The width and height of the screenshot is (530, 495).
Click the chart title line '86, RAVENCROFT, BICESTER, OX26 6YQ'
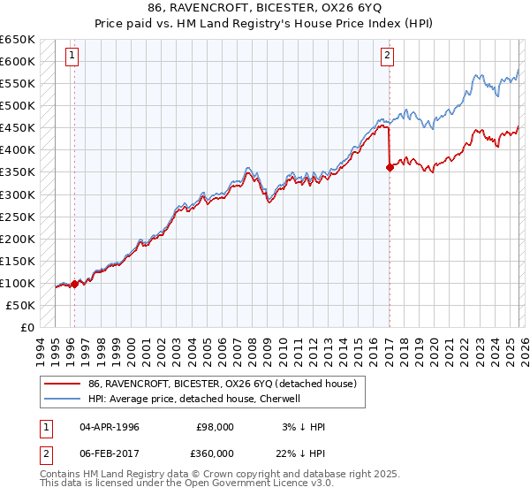pyautogui.click(x=265, y=6)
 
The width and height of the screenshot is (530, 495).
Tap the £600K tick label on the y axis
pyautogui.click(x=18, y=61)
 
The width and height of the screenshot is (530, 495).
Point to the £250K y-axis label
pyautogui.click(x=18, y=217)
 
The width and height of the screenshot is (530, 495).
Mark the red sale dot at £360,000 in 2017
pyautogui.click(x=390, y=167)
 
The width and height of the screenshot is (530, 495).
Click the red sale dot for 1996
pyautogui.click(x=74, y=284)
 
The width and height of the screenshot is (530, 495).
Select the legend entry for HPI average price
pyautogui.click(x=194, y=399)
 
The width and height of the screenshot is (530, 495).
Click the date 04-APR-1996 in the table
pyautogui.click(x=110, y=427)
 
